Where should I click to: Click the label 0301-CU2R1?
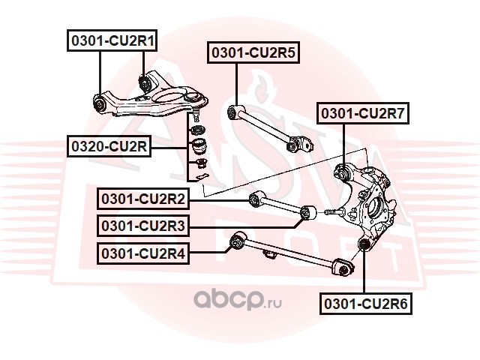coord(112,40)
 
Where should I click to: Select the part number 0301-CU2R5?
coord(253,52)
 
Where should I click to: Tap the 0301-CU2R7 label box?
coord(363,113)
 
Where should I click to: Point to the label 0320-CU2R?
coord(109,146)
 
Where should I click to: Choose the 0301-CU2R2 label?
coord(143,199)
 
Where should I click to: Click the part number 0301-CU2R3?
coord(143,226)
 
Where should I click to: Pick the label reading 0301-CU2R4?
coord(143,253)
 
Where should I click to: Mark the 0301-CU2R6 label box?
coord(366,304)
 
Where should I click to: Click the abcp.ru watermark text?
coord(238,299)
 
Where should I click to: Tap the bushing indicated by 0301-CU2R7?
coord(343,173)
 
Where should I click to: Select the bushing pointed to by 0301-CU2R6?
coord(364,244)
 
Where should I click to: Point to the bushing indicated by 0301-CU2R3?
coord(307,212)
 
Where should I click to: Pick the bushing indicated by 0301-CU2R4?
coord(238,241)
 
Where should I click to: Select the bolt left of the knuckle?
coord(334,211)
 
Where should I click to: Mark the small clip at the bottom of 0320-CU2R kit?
coord(199,176)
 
